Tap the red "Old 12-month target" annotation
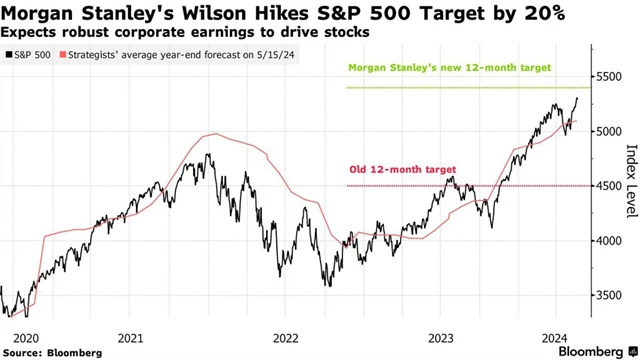(394, 170)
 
